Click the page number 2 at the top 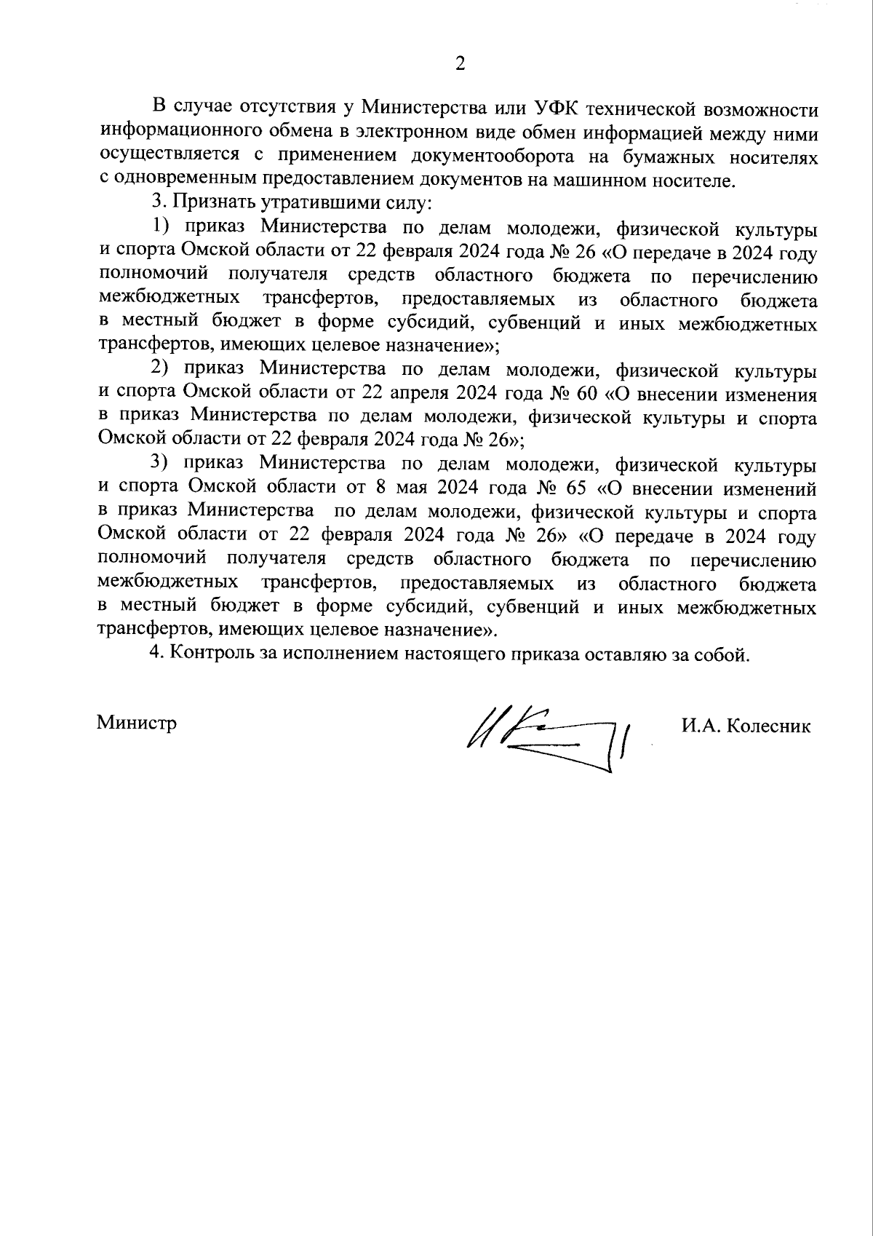click(x=459, y=64)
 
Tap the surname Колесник click(x=769, y=726)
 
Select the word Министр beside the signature click(x=137, y=724)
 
